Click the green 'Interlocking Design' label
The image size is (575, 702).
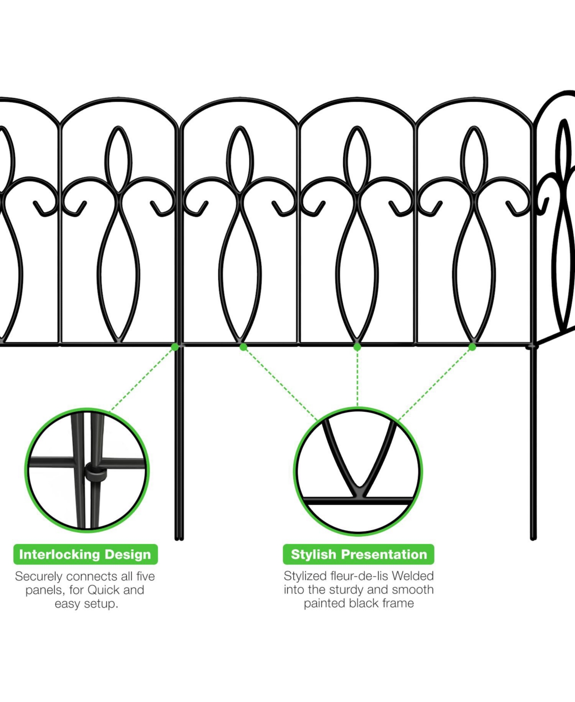85,555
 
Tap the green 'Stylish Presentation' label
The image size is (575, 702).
358,555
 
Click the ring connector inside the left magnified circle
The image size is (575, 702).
95,473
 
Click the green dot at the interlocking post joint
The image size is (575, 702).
175,347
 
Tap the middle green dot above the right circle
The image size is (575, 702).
357,347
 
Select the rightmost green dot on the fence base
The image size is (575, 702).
472,347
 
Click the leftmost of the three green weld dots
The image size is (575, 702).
243,347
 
